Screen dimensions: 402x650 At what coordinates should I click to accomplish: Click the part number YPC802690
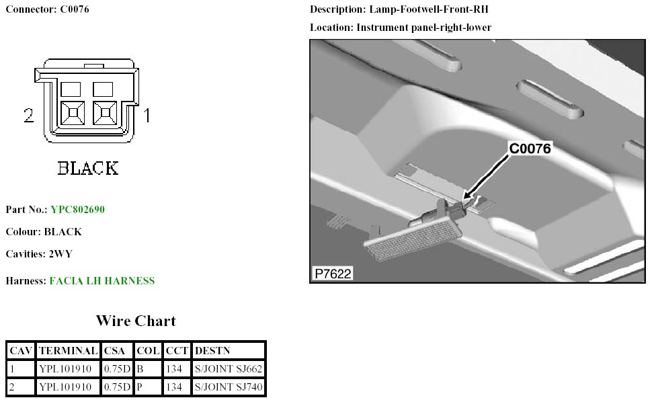pos(77,209)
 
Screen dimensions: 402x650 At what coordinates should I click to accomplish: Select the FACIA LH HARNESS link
pos(102,280)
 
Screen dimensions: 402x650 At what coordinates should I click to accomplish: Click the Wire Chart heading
pos(136,321)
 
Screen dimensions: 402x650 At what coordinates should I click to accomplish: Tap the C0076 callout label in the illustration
pos(530,149)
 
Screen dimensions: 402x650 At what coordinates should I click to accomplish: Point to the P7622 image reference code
pos(333,274)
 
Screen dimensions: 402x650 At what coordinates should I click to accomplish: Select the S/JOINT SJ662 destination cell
pos(229,368)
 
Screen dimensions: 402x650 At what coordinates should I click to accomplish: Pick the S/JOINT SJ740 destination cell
pos(229,387)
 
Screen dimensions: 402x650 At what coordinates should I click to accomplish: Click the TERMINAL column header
pos(68,350)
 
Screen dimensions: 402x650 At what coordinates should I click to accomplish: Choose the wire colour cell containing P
pos(148,387)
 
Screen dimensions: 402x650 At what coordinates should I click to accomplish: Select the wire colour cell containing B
pos(148,368)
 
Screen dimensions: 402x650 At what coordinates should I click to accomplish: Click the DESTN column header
pos(212,350)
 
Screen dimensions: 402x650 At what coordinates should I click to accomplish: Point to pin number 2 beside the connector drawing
pos(28,116)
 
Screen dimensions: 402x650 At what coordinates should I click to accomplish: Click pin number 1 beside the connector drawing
pos(147,116)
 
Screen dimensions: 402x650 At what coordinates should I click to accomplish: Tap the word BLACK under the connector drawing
pos(88,167)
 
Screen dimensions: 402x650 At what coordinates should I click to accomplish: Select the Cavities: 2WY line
pos(38,253)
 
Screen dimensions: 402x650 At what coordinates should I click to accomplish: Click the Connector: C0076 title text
pos(47,9)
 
